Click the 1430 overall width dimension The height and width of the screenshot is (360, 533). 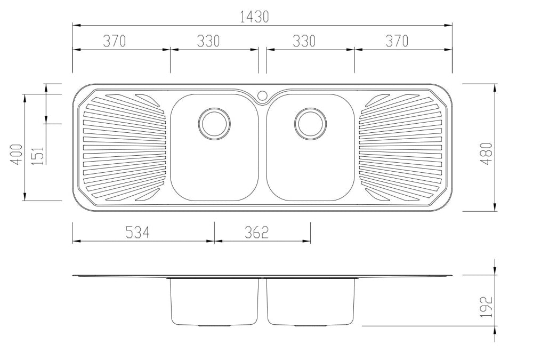[x=254, y=17]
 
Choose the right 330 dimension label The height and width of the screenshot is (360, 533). [x=304, y=41]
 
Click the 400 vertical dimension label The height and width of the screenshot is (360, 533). [x=17, y=155]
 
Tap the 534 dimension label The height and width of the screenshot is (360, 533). [x=137, y=233]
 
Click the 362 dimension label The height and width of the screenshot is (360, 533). [x=256, y=233]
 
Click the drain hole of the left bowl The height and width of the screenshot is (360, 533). [x=215, y=123]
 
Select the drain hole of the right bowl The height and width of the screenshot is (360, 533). [x=311, y=123]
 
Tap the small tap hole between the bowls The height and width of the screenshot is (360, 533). [x=262, y=96]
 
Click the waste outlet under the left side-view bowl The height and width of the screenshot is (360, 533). [x=214, y=325]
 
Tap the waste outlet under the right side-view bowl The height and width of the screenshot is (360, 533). [x=311, y=325]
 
